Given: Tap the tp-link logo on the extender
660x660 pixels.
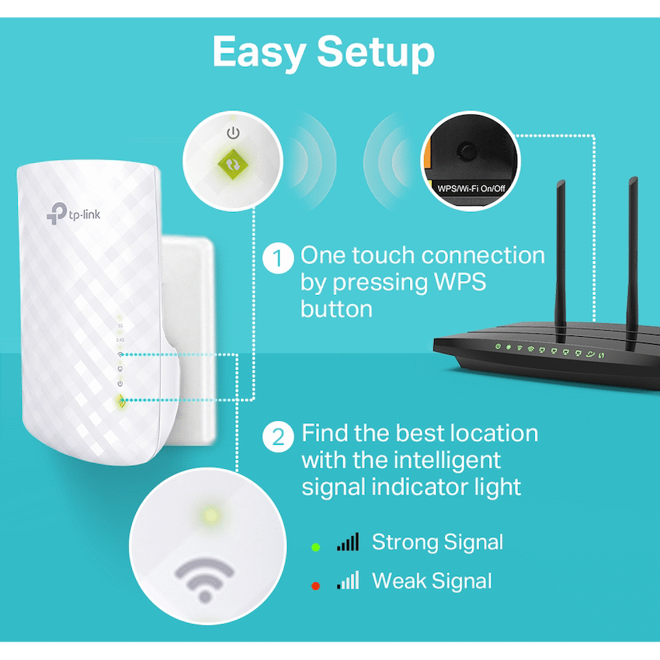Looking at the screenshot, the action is tap(74, 214).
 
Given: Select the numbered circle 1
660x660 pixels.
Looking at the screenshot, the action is tap(278, 258).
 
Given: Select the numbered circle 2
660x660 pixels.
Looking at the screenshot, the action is tap(278, 437).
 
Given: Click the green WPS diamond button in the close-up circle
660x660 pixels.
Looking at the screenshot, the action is tap(233, 165).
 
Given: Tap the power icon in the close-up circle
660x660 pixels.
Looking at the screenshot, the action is tap(233, 133).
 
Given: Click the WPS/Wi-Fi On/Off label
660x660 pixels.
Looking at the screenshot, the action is tap(471, 189).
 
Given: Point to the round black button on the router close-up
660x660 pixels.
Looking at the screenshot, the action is tap(467, 151).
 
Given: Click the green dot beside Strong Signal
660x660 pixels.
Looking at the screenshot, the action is tap(315, 547).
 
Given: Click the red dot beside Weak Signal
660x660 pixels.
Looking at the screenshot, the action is tap(315, 586).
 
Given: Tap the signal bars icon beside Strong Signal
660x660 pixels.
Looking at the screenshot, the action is tap(348, 542).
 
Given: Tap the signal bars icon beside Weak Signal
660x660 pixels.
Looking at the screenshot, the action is tap(348, 580).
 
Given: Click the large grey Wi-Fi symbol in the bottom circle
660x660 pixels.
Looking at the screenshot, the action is tap(204, 578).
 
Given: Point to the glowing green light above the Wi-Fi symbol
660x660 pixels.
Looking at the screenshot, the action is tap(210, 516).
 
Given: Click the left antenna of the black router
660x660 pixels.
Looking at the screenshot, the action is tap(561, 260).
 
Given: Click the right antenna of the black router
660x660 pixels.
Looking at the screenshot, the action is tap(632, 263).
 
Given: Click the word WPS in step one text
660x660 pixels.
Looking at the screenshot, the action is tap(460, 282).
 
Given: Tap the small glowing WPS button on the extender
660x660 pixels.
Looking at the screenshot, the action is tap(121, 401).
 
